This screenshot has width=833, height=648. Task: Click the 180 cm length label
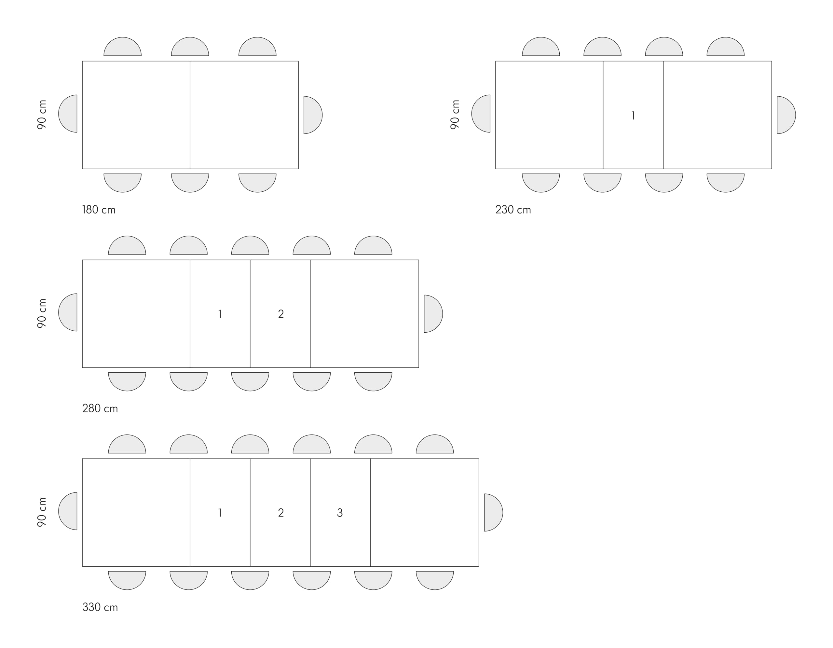[99, 210]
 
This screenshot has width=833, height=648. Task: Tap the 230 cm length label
[513, 210]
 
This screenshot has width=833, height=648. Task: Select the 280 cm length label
[100, 408]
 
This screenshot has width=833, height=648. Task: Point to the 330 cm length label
[100, 607]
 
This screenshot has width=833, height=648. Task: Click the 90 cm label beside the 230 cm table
[455, 115]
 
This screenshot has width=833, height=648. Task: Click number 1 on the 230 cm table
[633, 116]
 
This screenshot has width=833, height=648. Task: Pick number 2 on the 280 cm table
[281, 314]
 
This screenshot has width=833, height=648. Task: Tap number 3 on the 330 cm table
[340, 513]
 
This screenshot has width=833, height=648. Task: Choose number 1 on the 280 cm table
[220, 314]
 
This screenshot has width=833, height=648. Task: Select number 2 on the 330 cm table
[281, 513]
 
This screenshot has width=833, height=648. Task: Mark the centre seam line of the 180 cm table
[190, 115]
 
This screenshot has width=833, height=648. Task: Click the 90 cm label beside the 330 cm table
[42, 512]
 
